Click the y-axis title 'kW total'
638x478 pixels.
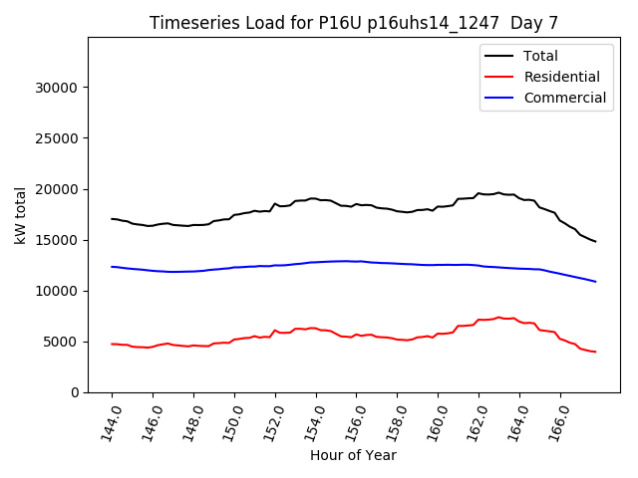pos(21,215)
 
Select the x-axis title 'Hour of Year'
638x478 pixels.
pos(353,455)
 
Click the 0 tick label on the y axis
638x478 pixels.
pos(75,392)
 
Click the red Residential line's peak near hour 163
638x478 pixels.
pos(498,317)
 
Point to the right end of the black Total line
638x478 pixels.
pos(595,241)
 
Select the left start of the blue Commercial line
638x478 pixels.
pos(112,266)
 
